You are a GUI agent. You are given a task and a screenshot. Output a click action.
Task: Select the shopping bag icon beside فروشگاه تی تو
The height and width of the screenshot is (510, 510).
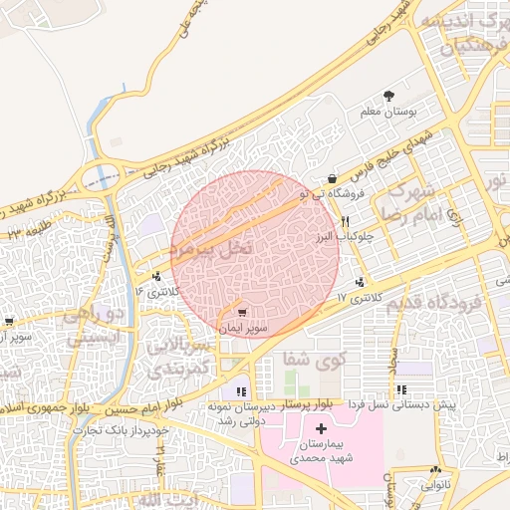point(331,179)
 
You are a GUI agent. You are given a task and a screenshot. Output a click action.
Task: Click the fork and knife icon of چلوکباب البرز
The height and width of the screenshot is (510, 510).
point(345,221)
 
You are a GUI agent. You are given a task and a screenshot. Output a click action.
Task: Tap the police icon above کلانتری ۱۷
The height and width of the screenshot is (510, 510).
point(359,282)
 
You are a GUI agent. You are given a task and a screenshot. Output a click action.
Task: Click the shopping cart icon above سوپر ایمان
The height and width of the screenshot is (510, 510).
point(241,313)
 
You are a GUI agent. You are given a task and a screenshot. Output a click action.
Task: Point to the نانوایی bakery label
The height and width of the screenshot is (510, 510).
point(434,486)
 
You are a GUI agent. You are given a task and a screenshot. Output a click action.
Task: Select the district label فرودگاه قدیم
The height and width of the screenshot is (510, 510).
point(432,302)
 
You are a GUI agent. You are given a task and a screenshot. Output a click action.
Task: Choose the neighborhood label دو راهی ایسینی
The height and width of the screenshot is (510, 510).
point(93,326)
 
